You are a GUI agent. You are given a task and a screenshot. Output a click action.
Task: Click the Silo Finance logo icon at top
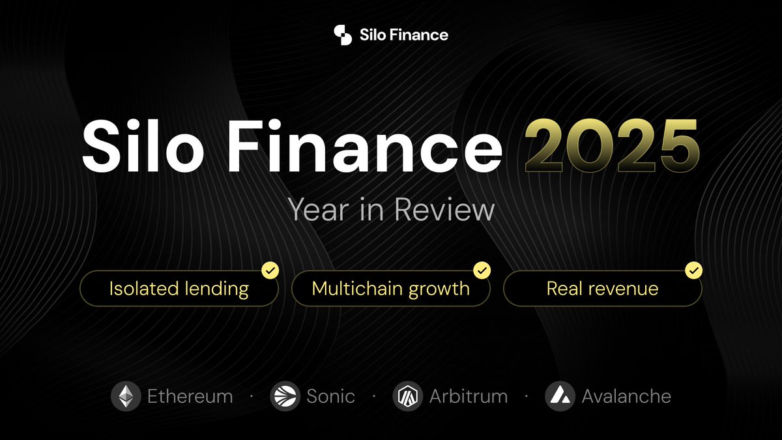click(x=343, y=35)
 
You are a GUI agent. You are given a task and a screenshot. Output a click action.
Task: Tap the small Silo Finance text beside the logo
click(x=403, y=35)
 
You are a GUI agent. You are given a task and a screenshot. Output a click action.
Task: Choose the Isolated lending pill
click(x=179, y=288)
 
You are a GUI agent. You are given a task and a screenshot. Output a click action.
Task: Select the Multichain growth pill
click(x=390, y=288)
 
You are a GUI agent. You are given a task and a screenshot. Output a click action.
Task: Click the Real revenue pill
click(x=602, y=288)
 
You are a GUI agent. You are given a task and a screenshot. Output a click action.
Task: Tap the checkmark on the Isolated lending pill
click(x=270, y=270)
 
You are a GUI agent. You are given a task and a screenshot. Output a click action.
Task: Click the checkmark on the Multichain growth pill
click(x=482, y=270)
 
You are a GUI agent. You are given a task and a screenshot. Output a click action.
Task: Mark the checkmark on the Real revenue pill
click(x=693, y=270)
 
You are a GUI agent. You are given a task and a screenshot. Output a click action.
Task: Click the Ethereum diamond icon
click(x=125, y=396)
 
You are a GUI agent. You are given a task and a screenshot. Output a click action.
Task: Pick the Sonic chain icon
click(x=285, y=396)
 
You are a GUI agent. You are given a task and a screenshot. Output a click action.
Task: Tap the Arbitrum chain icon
click(x=408, y=396)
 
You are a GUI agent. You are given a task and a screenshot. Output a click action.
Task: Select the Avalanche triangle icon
click(x=560, y=396)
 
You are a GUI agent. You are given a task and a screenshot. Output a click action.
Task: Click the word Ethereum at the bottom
click(x=190, y=396)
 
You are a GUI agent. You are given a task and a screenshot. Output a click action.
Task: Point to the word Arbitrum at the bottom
click(x=469, y=396)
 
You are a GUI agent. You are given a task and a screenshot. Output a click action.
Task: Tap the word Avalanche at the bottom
click(x=626, y=396)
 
